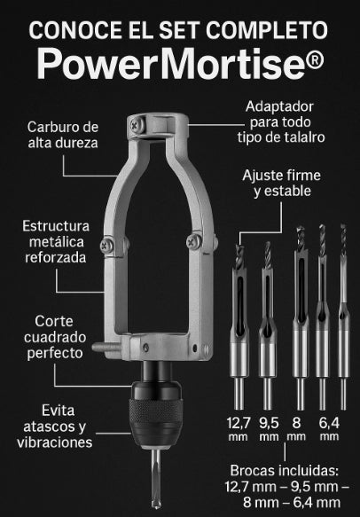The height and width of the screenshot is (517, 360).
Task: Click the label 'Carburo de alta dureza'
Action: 63,135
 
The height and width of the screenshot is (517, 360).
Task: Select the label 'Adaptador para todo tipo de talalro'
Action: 281,122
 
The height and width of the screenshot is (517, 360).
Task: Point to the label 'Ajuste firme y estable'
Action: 282,183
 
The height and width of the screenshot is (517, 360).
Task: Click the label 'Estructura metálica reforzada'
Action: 56,242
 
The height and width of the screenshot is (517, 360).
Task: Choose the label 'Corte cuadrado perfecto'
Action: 55,337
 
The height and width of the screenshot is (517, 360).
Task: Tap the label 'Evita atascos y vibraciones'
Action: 54,427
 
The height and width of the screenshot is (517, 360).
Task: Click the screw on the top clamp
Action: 137,125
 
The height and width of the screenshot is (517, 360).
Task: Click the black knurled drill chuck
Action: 155,415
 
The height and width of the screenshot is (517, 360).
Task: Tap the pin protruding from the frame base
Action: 106,347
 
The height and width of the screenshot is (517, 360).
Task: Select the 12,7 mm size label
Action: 239,428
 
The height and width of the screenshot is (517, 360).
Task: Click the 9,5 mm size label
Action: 269,428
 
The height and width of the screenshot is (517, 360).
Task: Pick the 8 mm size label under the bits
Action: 296,428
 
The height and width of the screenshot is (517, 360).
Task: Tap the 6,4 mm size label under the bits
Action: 329,428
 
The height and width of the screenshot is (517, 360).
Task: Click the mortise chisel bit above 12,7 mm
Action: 239,326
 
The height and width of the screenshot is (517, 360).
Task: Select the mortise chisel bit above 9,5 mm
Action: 268,325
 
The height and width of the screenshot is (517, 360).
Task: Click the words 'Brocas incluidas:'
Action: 284,471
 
